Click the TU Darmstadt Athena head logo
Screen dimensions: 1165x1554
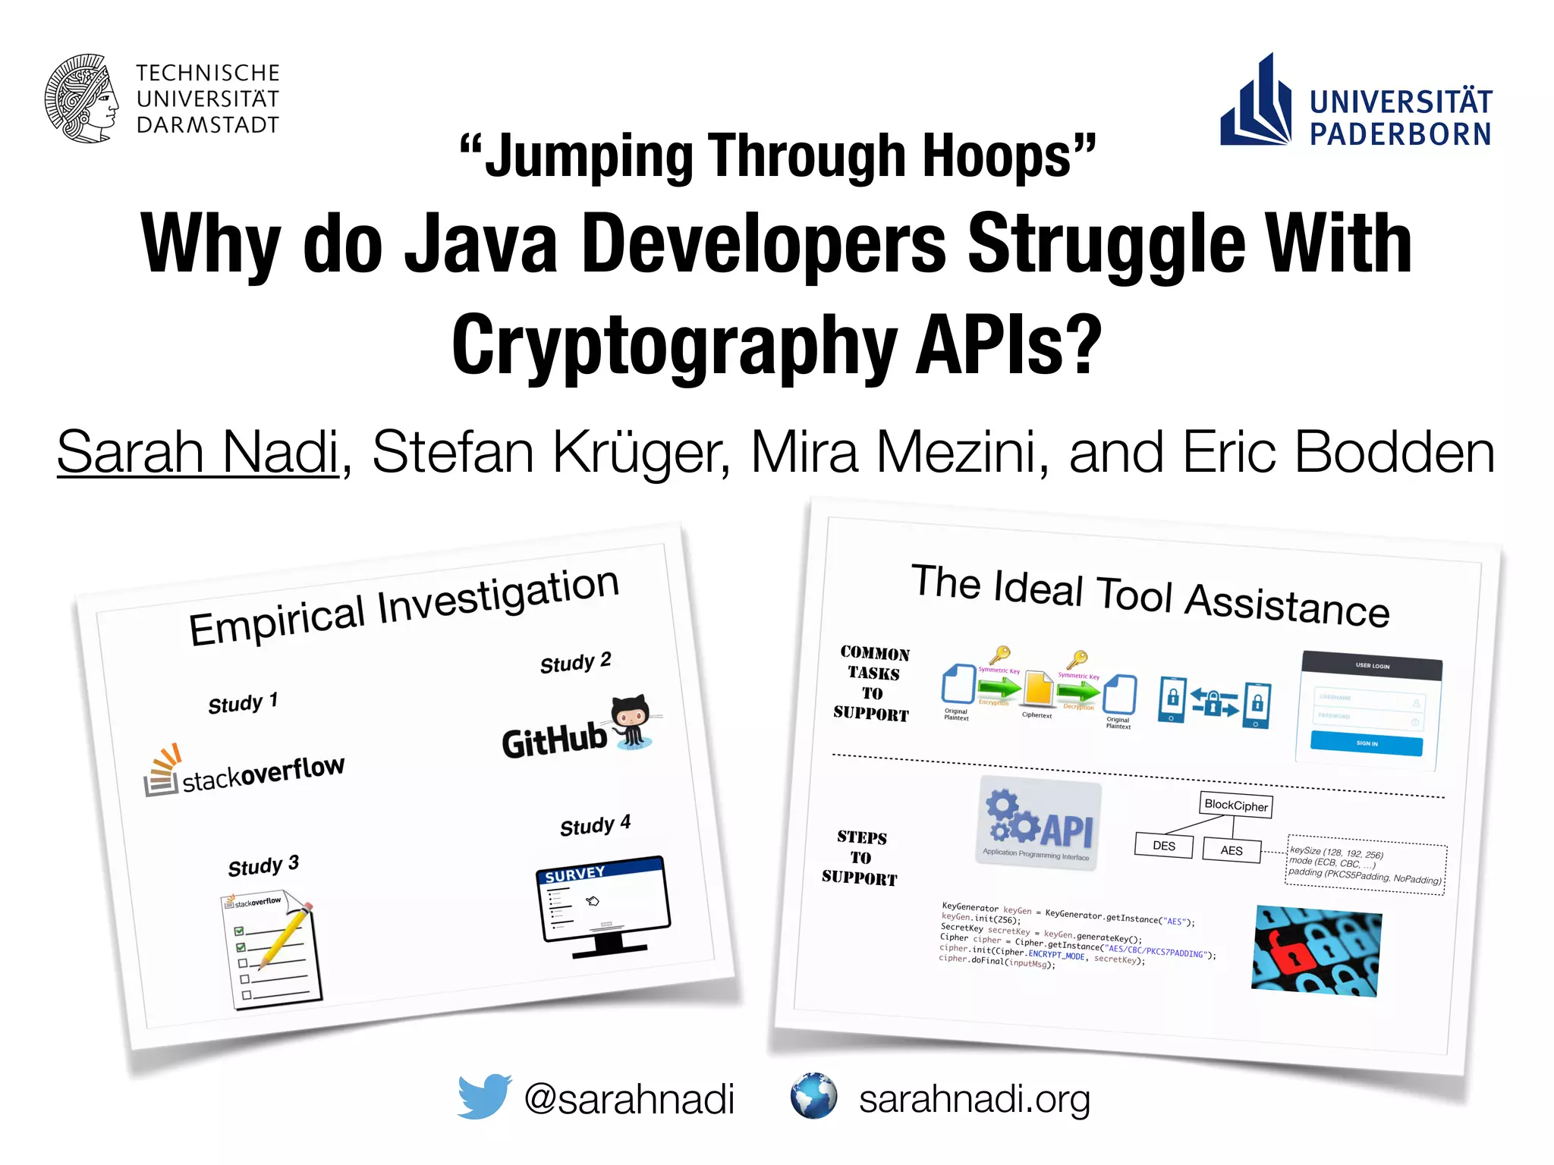pos(82,99)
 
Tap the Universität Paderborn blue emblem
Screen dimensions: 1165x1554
pos(1256,103)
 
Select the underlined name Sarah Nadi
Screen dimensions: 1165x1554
pos(197,453)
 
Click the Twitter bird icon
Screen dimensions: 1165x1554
pos(484,1096)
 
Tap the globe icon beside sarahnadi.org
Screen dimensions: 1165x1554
pos(813,1096)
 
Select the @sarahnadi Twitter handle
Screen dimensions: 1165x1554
pos(629,1099)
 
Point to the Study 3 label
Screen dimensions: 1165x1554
pos(263,865)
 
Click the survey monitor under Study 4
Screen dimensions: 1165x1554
pos(603,903)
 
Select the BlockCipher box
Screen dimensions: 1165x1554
pos(1235,805)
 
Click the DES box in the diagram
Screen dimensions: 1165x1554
pos(1163,846)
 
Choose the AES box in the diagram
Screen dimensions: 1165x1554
pos(1232,850)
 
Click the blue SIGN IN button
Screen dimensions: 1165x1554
pos(1367,743)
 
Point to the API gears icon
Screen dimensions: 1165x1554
pos(1038,823)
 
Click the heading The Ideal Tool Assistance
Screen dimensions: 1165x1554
pos(1150,596)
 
